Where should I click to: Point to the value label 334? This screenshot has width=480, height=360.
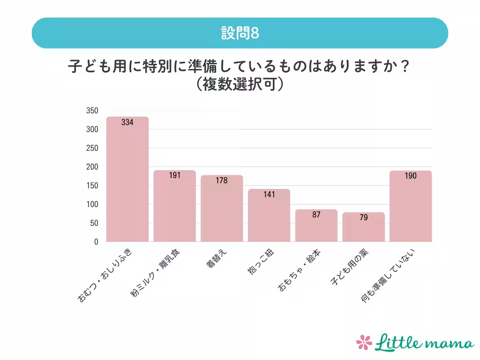[127, 123]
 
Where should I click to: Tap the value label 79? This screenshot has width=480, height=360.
[364, 218]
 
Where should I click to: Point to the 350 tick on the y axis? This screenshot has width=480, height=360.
[92, 111]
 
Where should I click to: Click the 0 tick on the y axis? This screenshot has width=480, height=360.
[96, 242]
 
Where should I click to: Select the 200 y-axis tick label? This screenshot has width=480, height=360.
[92, 167]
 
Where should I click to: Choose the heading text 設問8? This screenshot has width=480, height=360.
[240, 33]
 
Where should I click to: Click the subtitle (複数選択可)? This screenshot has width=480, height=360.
[240, 84]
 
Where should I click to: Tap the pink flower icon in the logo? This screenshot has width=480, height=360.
[364, 342]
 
